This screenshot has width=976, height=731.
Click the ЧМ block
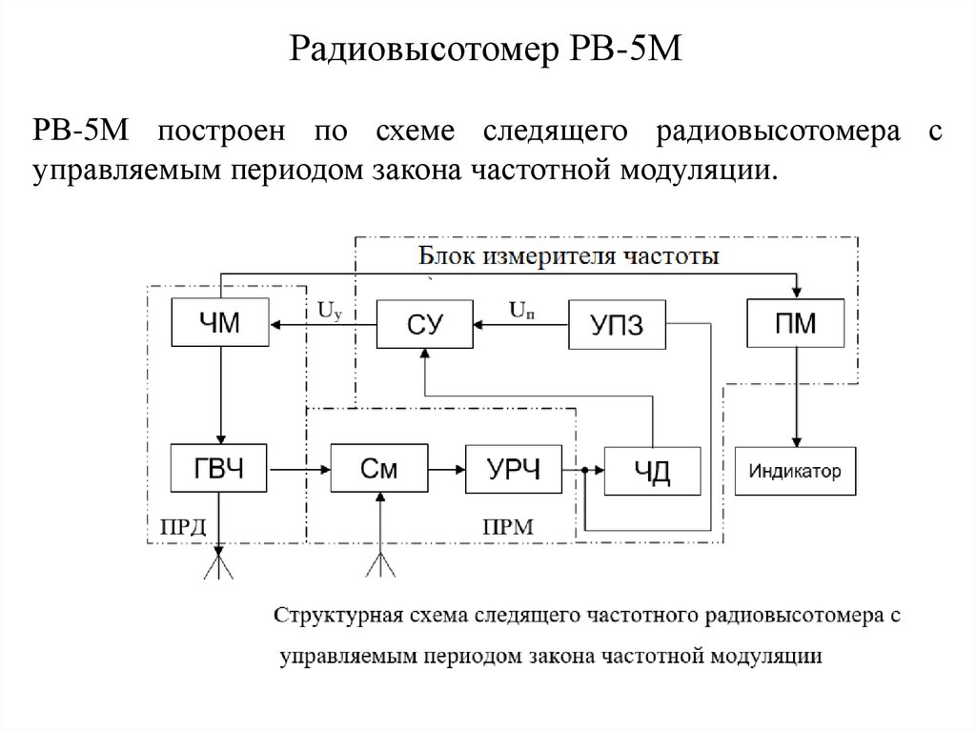218,324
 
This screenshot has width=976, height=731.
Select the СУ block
424,324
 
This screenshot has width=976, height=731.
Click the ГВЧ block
219,468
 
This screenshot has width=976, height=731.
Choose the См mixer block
378,468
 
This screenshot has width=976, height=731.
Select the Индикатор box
795,471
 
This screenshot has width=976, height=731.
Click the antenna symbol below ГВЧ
219,563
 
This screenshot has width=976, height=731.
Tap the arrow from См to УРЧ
445,469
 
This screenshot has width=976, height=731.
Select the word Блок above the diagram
449,256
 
